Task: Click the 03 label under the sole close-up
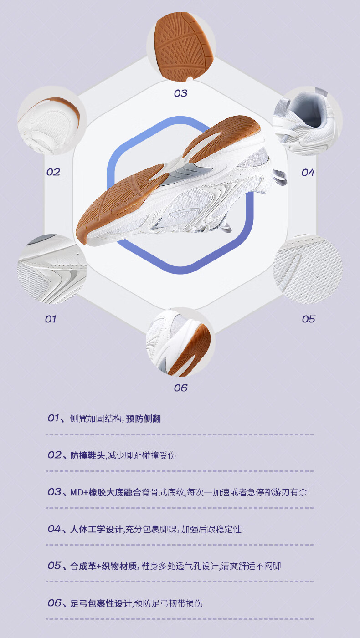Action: click(180, 93)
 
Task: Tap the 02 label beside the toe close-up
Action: click(53, 172)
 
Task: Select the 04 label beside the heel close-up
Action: click(308, 173)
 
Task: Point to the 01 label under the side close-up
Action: click(50, 319)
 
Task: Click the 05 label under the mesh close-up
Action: click(309, 319)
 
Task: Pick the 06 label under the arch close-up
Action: click(180, 388)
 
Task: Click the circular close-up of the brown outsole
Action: click(181, 46)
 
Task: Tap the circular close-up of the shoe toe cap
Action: click(51, 121)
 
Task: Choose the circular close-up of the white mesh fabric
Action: click(308, 269)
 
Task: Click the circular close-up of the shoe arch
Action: click(180, 343)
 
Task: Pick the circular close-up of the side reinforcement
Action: click(51, 270)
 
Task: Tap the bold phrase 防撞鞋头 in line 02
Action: click(87, 455)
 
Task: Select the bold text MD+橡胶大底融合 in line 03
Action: click(105, 492)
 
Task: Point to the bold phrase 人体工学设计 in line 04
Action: click(96, 529)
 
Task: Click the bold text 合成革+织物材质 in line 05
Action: click(103, 566)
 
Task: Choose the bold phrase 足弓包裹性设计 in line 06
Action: click(101, 603)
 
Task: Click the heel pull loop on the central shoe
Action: click(279, 177)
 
